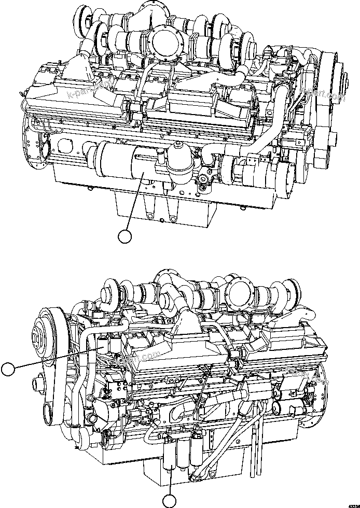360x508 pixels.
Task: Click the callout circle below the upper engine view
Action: [x=124, y=237]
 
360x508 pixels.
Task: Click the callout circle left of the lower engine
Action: [x=8, y=369]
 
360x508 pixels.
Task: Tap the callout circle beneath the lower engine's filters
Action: [x=170, y=501]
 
